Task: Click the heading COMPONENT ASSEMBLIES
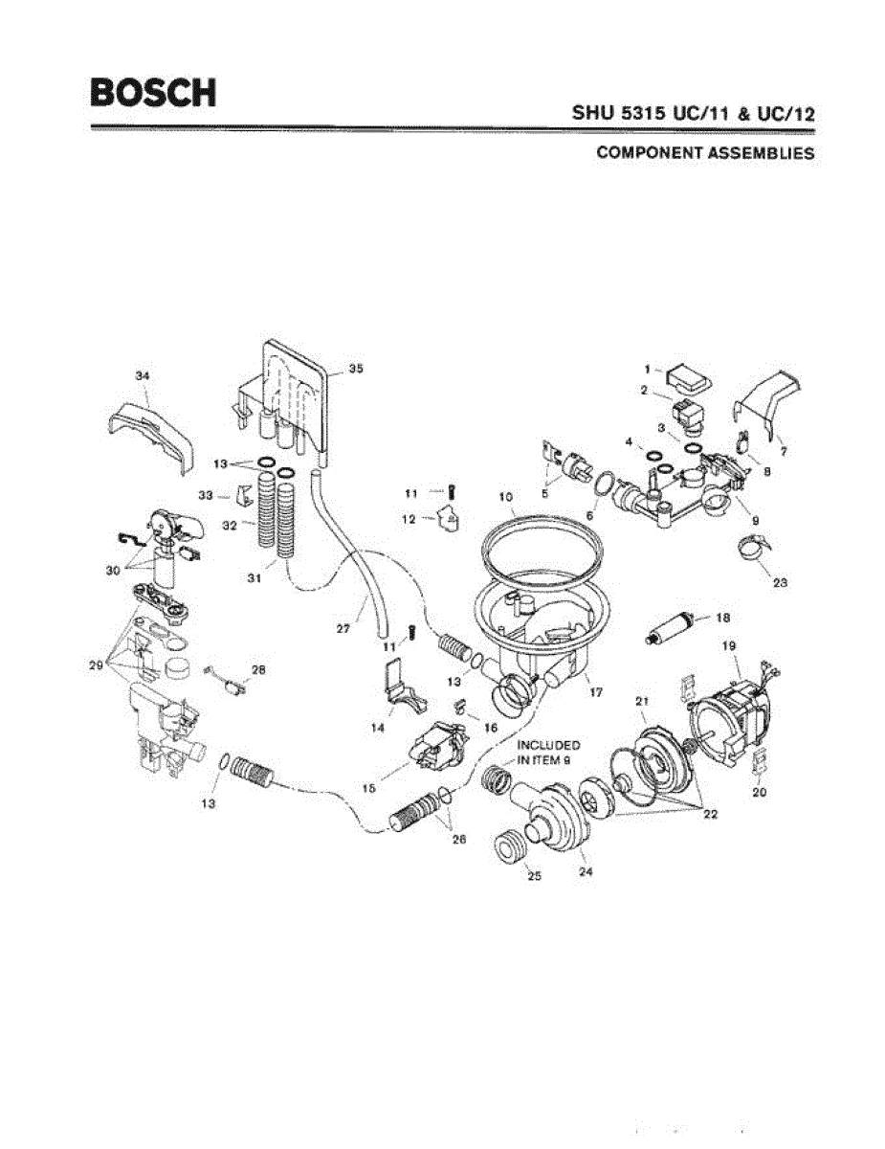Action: [x=705, y=153]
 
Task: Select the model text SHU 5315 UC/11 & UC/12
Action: [x=693, y=113]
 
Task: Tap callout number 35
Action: [x=356, y=368]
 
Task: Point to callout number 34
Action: [x=142, y=375]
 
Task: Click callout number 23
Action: [x=780, y=583]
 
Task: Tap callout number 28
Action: [x=257, y=669]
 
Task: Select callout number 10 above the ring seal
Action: [x=507, y=498]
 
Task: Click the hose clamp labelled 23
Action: [x=753, y=550]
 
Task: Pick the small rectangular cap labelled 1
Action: [x=689, y=375]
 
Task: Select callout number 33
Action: [x=205, y=495]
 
